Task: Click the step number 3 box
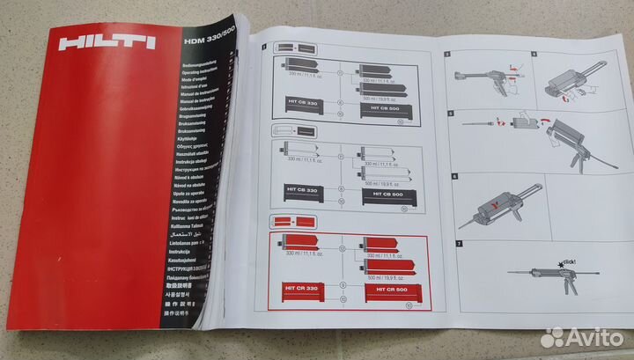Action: (448, 55)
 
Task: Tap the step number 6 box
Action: (454, 176)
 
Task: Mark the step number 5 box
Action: (451, 113)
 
